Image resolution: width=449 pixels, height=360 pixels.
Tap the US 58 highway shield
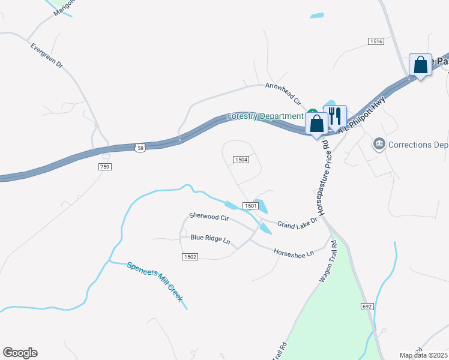tap(140, 148)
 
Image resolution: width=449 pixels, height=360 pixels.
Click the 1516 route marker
tap(376, 41)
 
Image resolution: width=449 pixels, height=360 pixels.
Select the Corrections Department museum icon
tap(379, 144)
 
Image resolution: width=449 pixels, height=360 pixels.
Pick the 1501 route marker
tap(251, 206)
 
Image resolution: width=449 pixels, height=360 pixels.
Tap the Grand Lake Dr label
tap(297, 224)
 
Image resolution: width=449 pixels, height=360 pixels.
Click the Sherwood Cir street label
tap(209, 217)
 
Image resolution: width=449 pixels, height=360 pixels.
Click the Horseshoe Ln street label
tap(294, 253)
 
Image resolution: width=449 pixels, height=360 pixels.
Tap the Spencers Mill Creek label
tap(155, 280)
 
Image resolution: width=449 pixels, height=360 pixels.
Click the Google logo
tap(20, 353)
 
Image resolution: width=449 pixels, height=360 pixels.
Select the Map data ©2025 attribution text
tap(423, 355)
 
